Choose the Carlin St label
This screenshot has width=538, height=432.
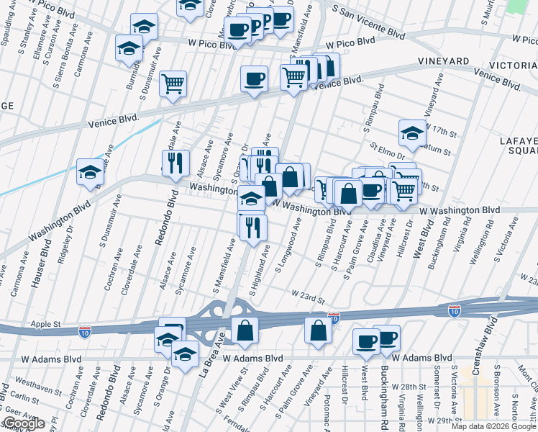click(x=25, y=397)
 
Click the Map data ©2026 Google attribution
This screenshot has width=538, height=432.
click(x=494, y=426)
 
